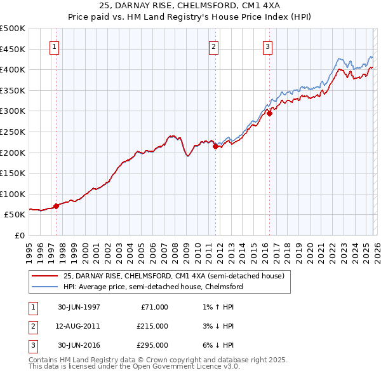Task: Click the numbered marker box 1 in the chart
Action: click(54, 46)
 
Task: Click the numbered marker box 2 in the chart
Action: click(214, 46)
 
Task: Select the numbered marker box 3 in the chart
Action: click(267, 46)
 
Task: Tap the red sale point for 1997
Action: click(57, 206)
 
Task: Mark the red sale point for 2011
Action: click(215, 146)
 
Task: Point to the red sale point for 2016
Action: click(269, 113)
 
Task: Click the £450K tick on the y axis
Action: click(13, 49)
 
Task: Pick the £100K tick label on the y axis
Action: click(13, 194)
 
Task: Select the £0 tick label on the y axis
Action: click(19, 235)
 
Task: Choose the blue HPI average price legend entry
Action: click(153, 287)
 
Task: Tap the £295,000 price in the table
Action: click(152, 345)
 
